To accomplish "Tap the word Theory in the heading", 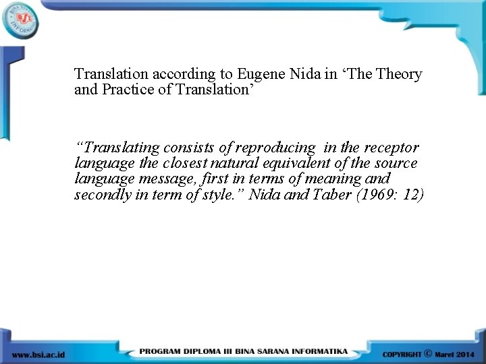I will (400, 75).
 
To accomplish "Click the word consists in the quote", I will (188, 148).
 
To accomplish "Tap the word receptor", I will (393, 148).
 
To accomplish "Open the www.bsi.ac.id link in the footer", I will (38, 353).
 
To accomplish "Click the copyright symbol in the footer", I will (427, 352).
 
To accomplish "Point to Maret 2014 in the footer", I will (456, 353).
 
